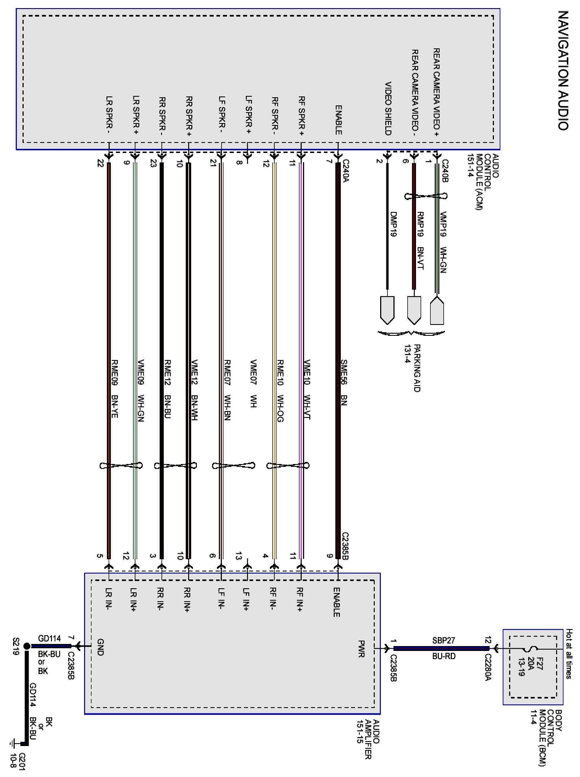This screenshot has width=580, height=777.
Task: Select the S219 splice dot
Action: pos(27,646)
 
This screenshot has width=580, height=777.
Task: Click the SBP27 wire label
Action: pos(443,640)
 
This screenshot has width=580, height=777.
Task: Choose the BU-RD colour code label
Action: pos(443,656)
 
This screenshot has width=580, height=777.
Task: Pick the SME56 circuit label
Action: pos(344,373)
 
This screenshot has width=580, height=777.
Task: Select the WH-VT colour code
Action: pos(307,408)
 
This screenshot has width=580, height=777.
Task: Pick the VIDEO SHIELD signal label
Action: pos(388,109)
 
